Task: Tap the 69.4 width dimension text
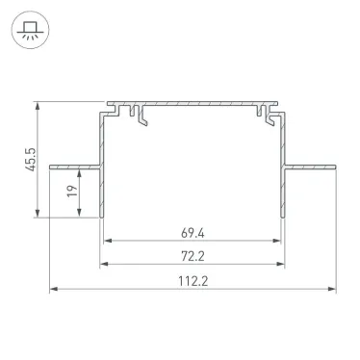195,232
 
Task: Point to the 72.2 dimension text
195,256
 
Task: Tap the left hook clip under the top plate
141,116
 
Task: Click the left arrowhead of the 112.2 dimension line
55,289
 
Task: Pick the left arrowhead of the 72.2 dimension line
105,265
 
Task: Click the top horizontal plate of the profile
193,101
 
